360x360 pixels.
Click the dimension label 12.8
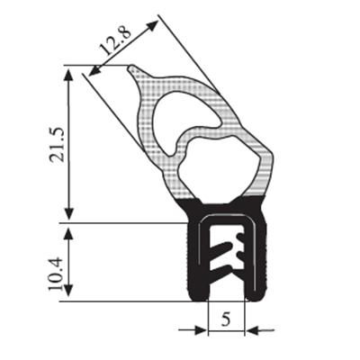[x=115, y=40]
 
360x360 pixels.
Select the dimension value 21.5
[x=58, y=145]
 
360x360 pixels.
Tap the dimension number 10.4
[x=56, y=273]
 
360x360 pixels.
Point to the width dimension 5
[x=226, y=319]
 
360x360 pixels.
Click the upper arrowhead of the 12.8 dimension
[x=152, y=25]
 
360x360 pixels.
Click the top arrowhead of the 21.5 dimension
[x=69, y=74]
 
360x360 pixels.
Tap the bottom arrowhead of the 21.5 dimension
[x=69, y=213]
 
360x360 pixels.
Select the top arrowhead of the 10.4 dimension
[x=69, y=233]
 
